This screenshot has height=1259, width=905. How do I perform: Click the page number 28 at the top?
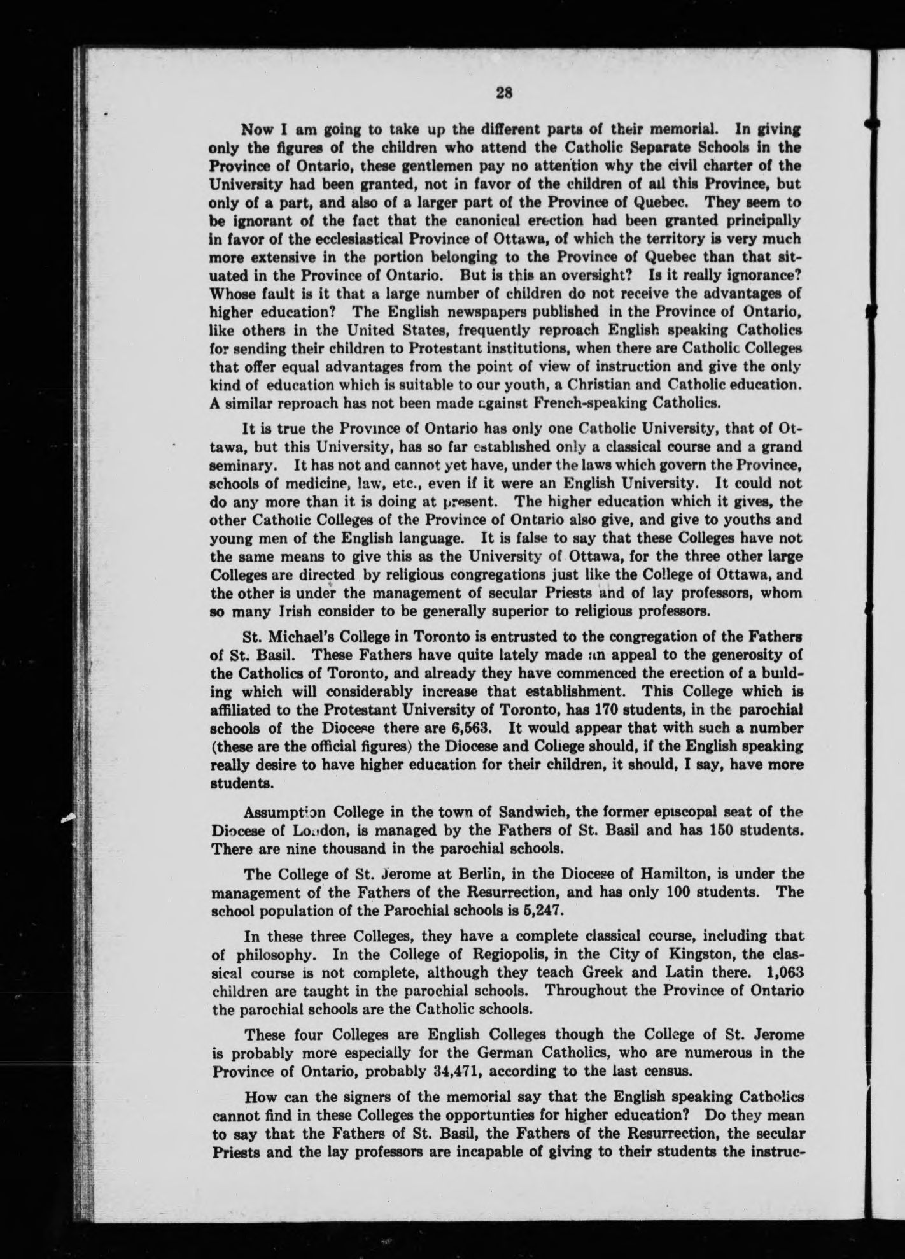[504, 93]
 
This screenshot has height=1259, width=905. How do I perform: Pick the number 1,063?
[784, 973]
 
